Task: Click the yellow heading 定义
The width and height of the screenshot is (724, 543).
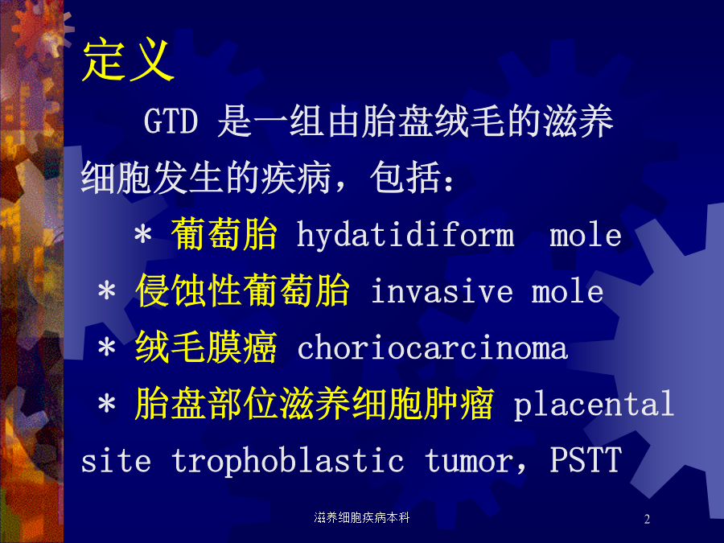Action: (x=129, y=61)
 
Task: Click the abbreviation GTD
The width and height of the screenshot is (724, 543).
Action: (x=171, y=121)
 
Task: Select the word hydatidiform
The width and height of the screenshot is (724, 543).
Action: (x=405, y=235)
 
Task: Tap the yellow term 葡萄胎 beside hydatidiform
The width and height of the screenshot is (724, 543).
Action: (x=224, y=234)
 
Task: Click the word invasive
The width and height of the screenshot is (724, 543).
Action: (x=442, y=291)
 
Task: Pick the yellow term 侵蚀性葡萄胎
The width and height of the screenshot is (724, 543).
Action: (x=242, y=290)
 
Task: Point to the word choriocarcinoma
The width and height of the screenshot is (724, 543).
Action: (x=433, y=348)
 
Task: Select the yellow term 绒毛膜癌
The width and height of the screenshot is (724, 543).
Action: (x=207, y=348)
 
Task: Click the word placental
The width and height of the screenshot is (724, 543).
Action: (x=594, y=405)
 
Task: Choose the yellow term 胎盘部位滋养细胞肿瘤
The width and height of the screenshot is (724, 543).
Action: (x=315, y=404)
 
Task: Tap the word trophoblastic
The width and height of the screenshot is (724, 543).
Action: (x=288, y=461)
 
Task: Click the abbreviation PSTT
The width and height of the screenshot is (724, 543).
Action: (x=586, y=460)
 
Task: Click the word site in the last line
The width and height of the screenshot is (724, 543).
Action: (x=116, y=461)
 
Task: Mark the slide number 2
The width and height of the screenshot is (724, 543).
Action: (x=647, y=519)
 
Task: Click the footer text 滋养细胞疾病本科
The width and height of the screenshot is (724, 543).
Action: (x=362, y=518)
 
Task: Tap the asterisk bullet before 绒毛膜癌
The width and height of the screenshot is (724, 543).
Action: (x=107, y=348)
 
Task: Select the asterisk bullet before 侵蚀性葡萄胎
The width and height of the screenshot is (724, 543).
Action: (x=107, y=291)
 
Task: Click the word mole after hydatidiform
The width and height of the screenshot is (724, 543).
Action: (x=586, y=235)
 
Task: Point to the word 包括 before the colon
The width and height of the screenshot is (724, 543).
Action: (x=405, y=178)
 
